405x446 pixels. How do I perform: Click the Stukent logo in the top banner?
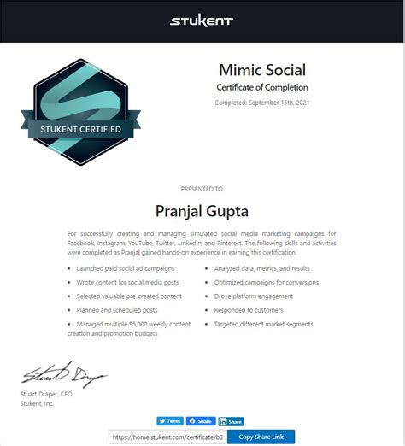202,21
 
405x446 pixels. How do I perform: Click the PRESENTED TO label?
202,189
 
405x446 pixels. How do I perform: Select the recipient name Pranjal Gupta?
202,210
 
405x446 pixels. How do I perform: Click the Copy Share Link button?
261,437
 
